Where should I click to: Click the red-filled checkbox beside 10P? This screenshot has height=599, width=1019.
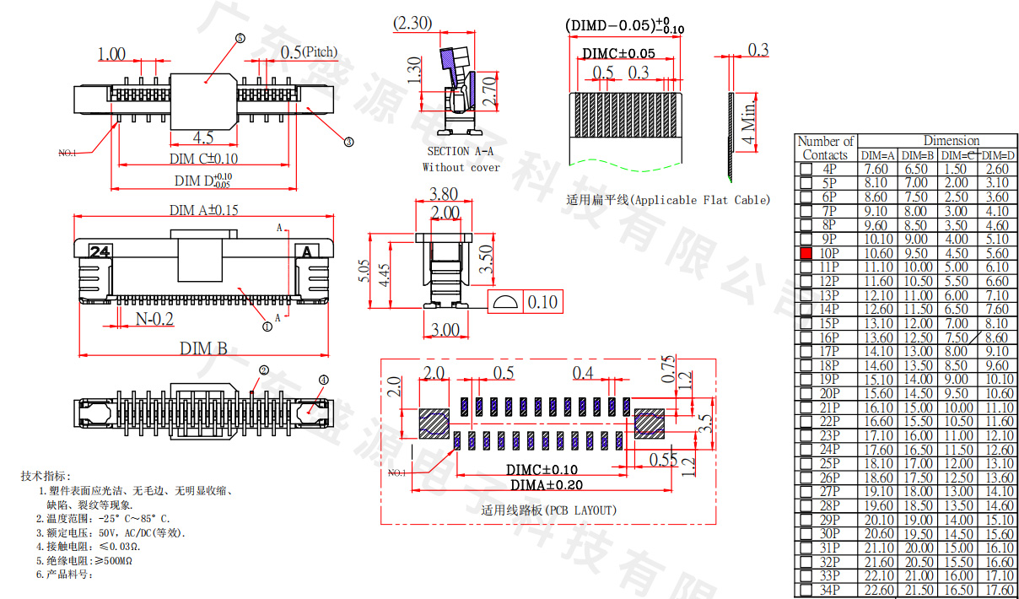pos(806,253)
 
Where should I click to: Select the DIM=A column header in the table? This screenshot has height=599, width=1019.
pos(877,155)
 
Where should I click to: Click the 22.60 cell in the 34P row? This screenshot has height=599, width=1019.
pos(877,590)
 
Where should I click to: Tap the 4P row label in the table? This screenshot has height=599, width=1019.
pos(829,169)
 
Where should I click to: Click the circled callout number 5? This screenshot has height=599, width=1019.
pos(240,39)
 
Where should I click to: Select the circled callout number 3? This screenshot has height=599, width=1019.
pos(348,142)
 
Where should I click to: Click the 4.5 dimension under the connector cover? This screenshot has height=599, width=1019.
pos(202,138)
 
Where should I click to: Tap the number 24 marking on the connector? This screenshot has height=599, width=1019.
pos(100,251)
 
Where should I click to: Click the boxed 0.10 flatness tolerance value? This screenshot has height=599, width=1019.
pos(541,301)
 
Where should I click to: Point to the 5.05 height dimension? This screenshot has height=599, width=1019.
pos(364,273)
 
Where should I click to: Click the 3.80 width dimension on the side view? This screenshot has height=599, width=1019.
pos(444,193)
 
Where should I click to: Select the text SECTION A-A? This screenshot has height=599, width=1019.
pos(460,151)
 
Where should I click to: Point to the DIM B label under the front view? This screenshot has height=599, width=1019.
pos(203,348)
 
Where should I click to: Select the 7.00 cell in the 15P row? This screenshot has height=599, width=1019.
pos(956,323)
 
